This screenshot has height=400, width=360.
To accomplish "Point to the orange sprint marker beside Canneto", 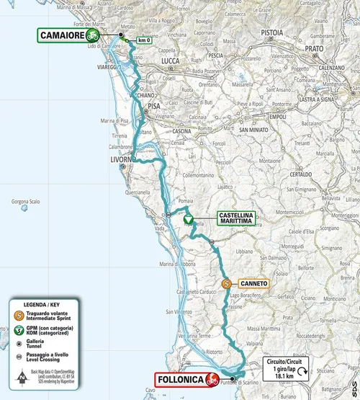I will click(x=227, y=284).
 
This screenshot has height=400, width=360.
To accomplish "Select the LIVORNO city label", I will click(x=121, y=159).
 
